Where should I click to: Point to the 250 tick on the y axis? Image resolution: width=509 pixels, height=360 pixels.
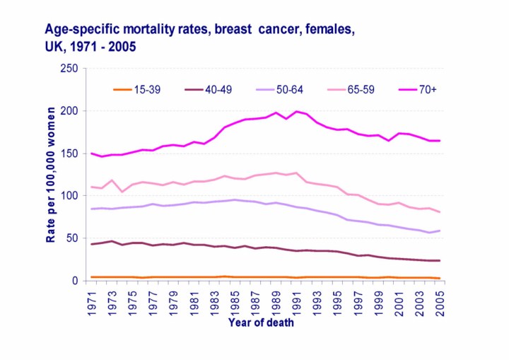[x=69, y=69]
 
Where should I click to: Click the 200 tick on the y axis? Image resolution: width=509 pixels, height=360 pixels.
[x=69, y=111]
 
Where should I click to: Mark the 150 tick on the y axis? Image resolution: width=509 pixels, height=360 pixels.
[x=69, y=153]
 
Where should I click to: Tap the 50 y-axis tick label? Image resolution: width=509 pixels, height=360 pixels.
[x=72, y=238]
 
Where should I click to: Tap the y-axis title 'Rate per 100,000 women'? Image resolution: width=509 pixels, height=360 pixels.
[x=51, y=175]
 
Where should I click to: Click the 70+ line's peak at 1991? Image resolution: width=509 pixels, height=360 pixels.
[x=297, y=112]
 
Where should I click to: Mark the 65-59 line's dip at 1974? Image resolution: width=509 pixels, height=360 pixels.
[x=123, y=192]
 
